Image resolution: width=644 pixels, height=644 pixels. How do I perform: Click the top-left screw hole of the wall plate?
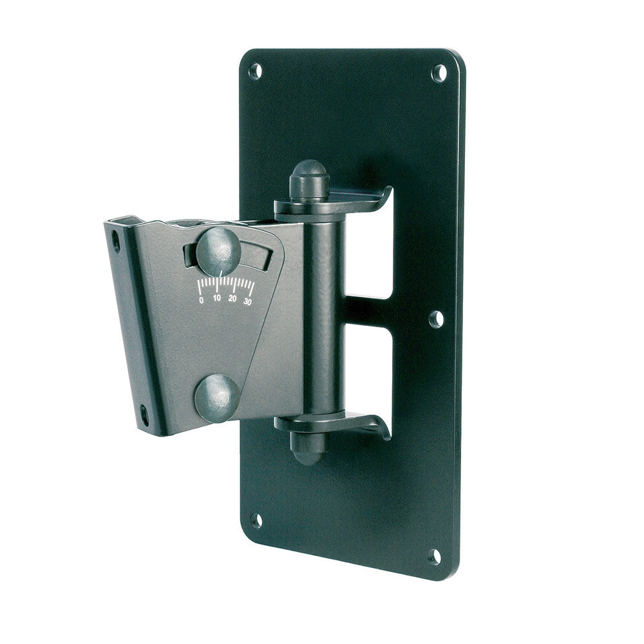(x=256, y=71)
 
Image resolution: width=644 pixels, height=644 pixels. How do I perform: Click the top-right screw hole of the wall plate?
(x=439, y=73)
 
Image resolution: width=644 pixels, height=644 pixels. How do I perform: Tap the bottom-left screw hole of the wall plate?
(x=256, y=520)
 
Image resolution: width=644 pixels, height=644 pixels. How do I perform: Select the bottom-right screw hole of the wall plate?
(x=434, y=557)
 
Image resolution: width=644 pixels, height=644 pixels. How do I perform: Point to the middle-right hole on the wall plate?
(x=437, y=319)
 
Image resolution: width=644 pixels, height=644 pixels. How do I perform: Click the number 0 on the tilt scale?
(x=201, y=300)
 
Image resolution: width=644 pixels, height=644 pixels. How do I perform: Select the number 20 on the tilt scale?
(x=232, y=299)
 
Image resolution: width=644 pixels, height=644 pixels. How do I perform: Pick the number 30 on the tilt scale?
(x=247, y=302)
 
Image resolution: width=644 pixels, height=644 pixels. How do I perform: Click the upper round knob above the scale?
(x=218, y=252)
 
